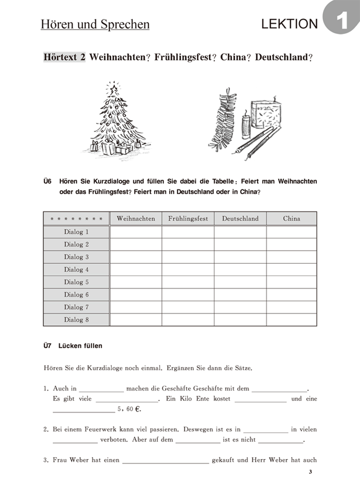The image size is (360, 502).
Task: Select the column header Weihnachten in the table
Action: pos(136,219)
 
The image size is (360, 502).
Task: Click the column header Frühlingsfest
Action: pos(188,219)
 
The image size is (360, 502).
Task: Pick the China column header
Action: pos(291,219)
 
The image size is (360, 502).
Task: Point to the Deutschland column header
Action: pos(240,219)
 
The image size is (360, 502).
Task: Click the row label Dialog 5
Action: pos(76,282)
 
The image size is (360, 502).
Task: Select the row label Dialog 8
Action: pos(76,320)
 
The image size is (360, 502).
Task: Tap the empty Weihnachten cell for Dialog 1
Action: pos(136,232)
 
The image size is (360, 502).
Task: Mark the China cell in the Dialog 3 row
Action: pos(291,257)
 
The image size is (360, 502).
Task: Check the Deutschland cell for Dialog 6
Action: pos(240,295)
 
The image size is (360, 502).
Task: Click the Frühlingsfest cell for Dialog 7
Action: pos(188,307)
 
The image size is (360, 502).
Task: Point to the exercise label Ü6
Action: pos(48,181)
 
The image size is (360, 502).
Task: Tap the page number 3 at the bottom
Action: pos(310,472)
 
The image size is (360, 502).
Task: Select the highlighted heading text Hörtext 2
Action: pos(64,57)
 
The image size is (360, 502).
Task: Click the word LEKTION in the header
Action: pos(289,24)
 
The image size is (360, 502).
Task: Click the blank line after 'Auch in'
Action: pos(102,389)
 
